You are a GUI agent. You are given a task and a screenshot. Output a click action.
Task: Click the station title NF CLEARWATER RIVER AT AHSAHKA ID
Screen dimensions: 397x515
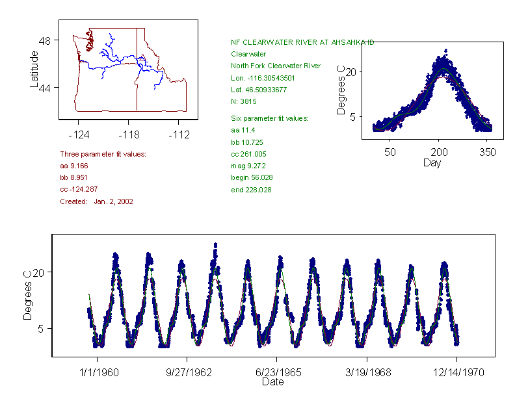coord(302,42)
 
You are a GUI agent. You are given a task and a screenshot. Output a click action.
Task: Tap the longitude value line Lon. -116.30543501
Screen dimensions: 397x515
coord(263,78)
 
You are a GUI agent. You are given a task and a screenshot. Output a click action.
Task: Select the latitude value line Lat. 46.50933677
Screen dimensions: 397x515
coord(259,90)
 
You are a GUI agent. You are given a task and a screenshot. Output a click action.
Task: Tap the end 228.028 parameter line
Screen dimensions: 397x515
coord(251,190)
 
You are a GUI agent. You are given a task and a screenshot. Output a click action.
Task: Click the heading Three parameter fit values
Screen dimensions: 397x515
coord(103,154)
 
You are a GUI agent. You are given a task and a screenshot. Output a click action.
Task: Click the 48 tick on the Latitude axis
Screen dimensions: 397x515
coord(45,40)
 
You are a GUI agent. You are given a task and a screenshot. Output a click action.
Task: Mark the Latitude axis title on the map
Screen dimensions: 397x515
coord(34,70)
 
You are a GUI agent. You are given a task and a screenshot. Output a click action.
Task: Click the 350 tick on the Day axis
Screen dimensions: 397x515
coord(487,152)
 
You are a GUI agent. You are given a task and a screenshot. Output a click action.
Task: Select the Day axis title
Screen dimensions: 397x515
coord(432,162)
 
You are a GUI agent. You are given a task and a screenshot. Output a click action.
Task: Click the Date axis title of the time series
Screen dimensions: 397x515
coord(272,382)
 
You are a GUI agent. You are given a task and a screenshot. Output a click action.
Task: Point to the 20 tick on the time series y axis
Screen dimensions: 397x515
coord(38,272)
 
